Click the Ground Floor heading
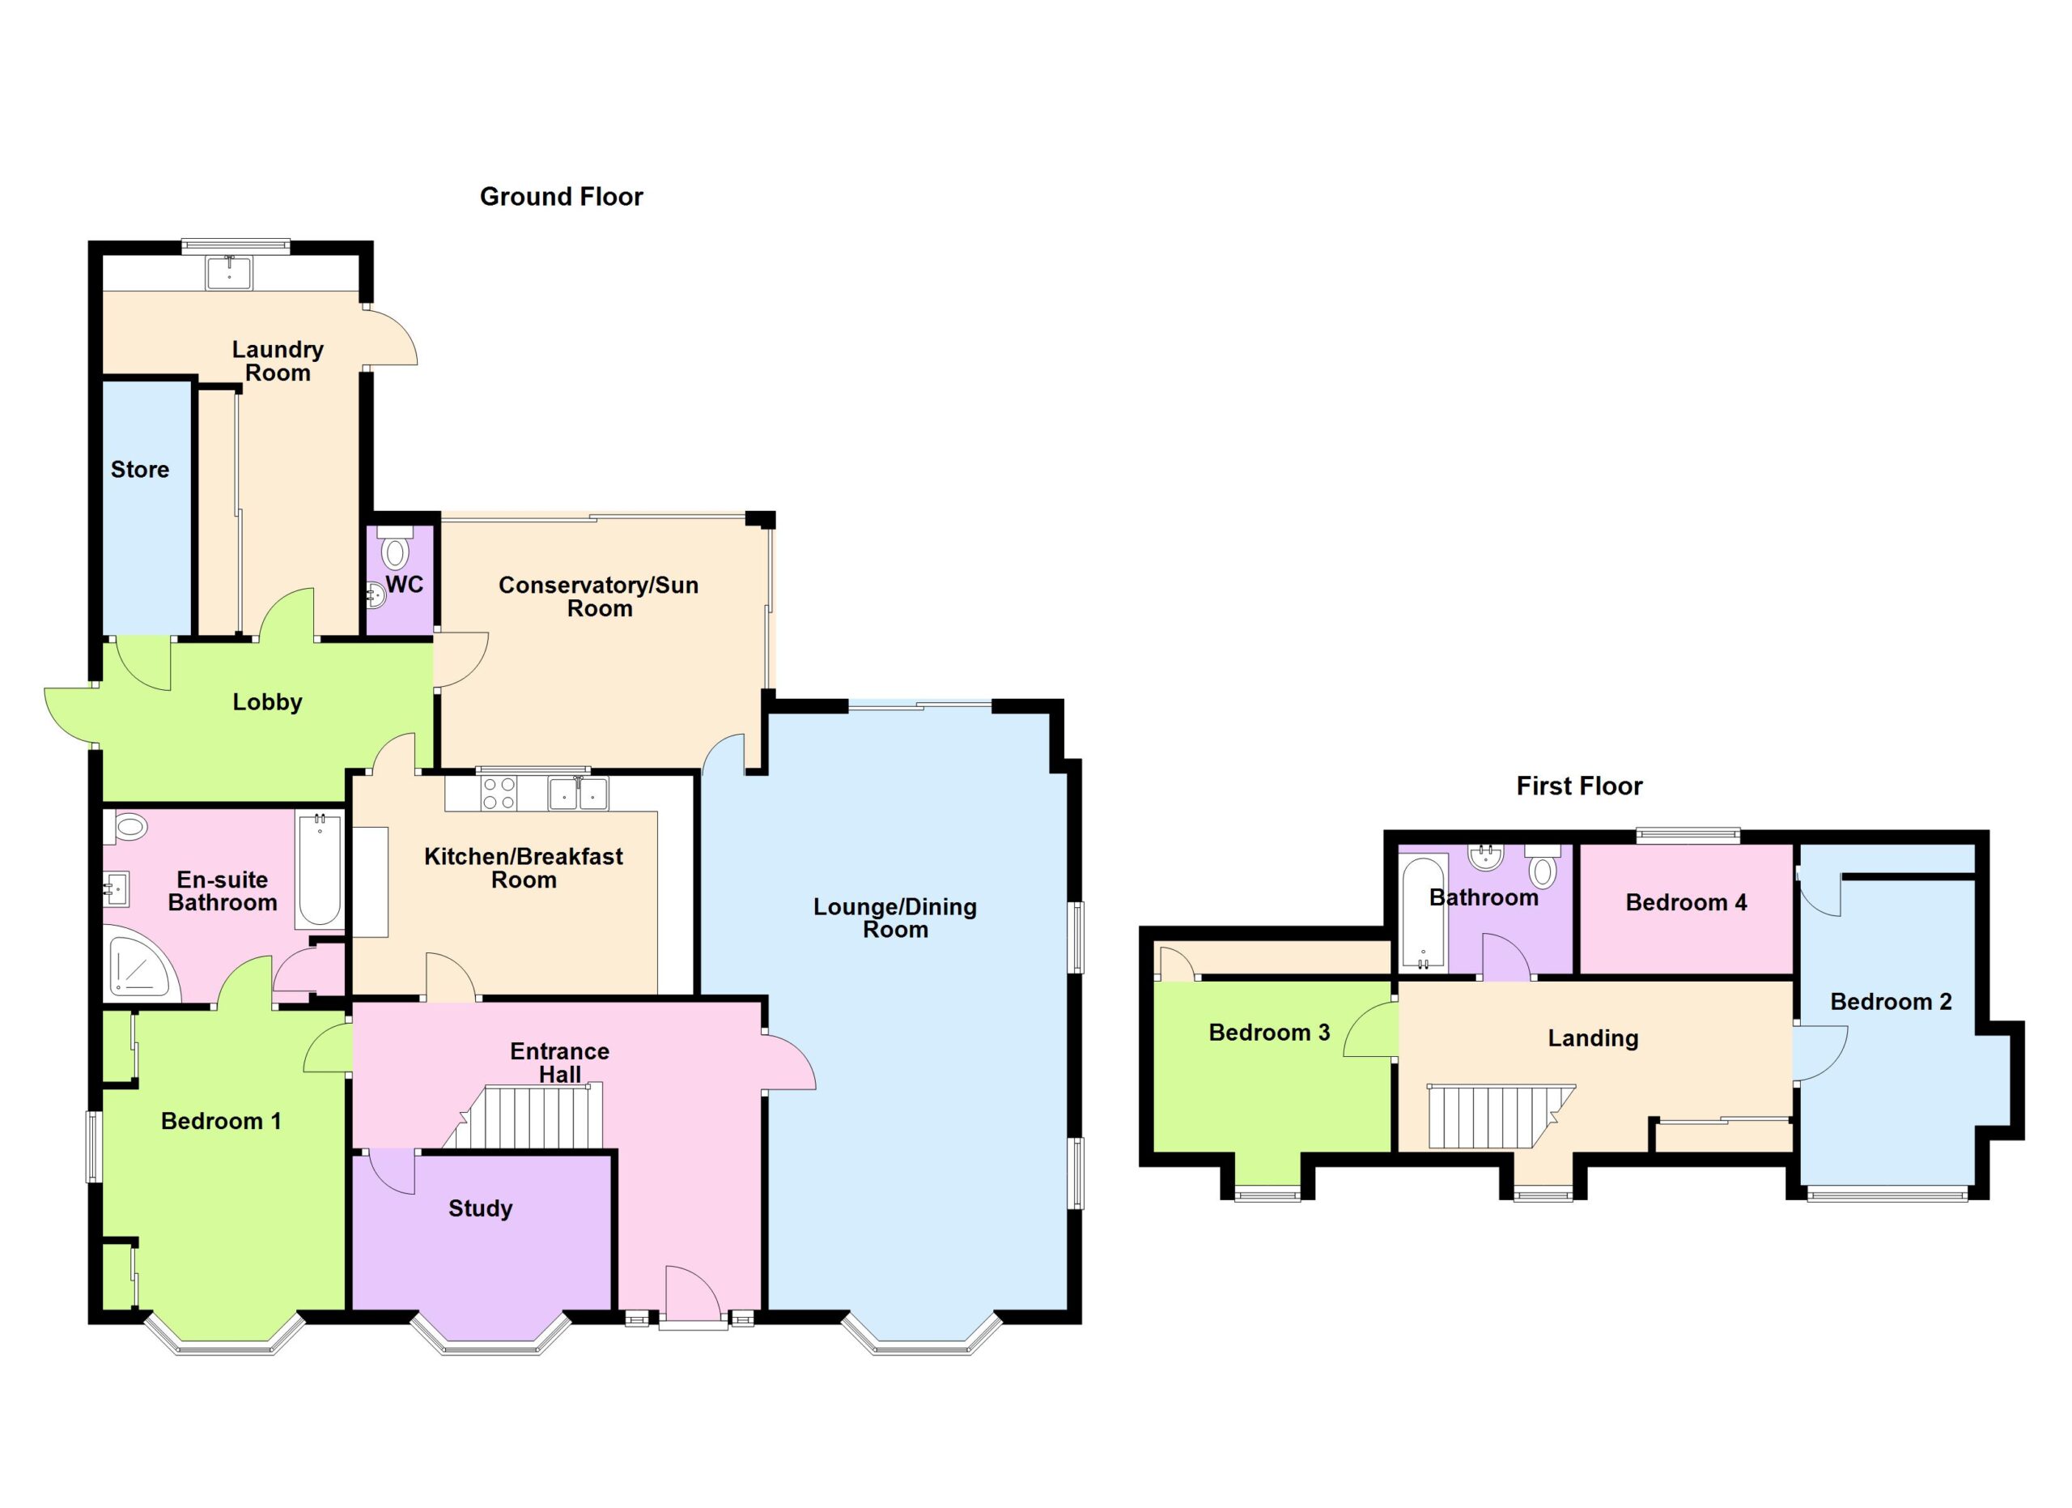pos(561,197)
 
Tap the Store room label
pos(140,469)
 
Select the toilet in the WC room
pos(395,548)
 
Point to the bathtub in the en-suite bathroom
pos(319,869)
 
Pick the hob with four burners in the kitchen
pos(498,792)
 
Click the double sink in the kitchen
pos(578,792)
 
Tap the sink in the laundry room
pos(228,271)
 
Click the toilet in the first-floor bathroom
pos(1543,867)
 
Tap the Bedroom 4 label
pos(1686,902)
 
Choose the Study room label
pos(481,1208)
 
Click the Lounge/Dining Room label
pos(895,918)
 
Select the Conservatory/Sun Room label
pos(598,596)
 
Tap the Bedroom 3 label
pos(1269,1032)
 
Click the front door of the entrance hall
pos(694,1293)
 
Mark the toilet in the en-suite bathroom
pos(127,828)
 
